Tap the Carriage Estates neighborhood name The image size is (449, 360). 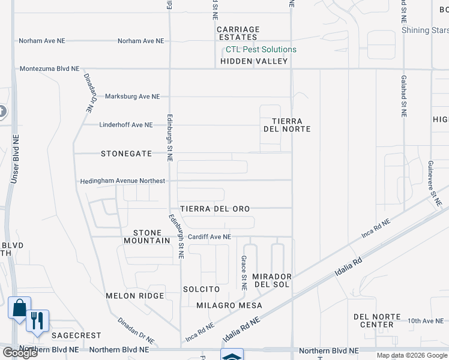[238, 34]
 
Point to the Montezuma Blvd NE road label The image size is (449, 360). [49, 69]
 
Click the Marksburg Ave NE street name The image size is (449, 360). [132, 97]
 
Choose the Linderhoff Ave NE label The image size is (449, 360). [126, 125]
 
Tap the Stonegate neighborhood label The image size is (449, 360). [126, 154]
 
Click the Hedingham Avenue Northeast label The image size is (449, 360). [122, 181]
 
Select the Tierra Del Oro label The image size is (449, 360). [214, 209]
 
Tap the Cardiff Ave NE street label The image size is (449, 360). [208, 237]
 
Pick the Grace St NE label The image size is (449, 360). [244, 273]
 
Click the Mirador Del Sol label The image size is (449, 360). [272, 280]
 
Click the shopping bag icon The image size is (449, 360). [19, 308]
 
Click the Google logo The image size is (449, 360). [19, 353]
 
